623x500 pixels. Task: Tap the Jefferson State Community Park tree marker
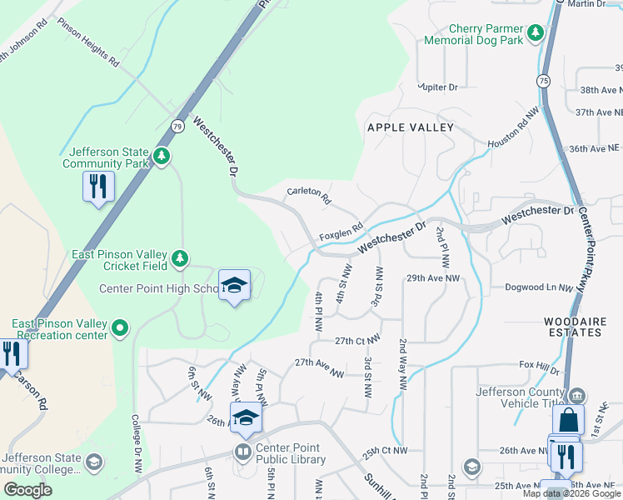tap(162, 156)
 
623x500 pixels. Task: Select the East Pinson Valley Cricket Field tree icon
tap(179, 259)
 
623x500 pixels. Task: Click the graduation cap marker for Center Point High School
tap(235, 285)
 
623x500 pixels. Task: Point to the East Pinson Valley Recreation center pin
tap(121, 328)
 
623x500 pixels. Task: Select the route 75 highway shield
tap(543, 80)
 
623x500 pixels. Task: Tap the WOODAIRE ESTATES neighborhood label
tap(572, 327)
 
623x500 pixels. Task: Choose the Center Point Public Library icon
tap(242, 452)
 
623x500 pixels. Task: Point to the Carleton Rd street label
tap(308, 196)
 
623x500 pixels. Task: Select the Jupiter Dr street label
tap(438, 87)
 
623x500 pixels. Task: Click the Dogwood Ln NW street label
tap(539, 287)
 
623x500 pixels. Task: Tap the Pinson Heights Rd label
tap(88, 42)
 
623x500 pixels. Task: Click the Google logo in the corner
tap(28, 490)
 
